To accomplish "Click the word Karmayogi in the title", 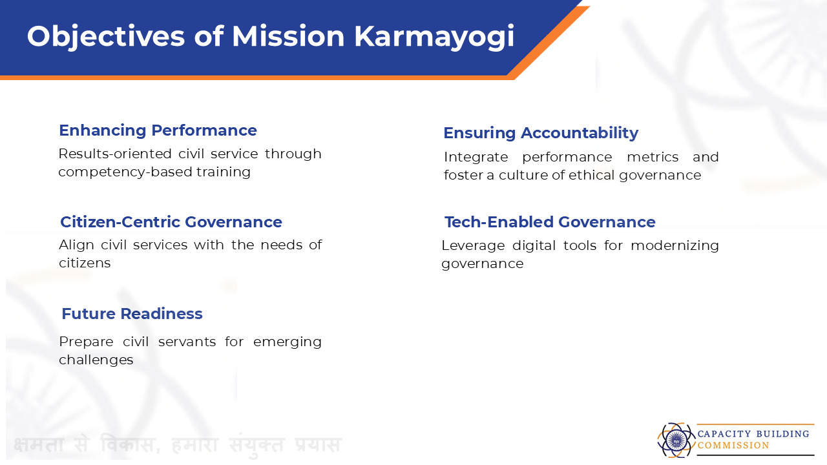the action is (434, 37).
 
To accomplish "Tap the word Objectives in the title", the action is (106, 37).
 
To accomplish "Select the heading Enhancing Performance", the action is (158, 130).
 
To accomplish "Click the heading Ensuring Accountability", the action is (541, 133).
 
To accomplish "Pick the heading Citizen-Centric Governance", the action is (171, 222).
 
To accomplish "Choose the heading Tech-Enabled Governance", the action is (550, 222).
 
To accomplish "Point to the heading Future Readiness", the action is (132, 314).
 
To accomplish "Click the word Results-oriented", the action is (115, 154).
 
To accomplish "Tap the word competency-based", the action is (125, 172).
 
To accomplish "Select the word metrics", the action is (653, 157).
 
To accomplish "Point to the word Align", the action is (76, 245).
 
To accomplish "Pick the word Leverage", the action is (473, 246).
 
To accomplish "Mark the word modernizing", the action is (675, 246).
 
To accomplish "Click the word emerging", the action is (288, 342).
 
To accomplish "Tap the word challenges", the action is (96, 360).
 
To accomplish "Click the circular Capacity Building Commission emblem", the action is (676, 440).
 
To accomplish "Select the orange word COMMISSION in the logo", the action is (733, 446).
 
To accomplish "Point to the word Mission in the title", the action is (288, 37).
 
